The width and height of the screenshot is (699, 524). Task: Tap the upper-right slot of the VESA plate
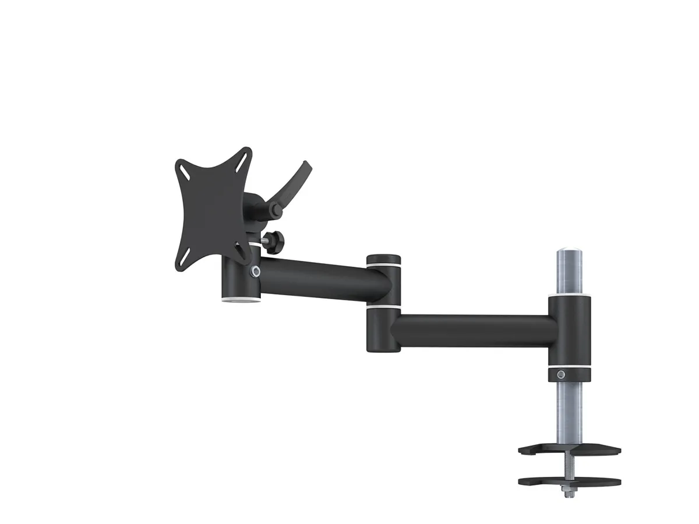[x=245, y=157]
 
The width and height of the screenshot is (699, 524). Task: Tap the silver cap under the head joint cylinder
[x=240, y=300]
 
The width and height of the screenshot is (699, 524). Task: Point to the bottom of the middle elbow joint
[x=383, y=345]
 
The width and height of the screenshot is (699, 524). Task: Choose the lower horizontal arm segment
[x=472, y=331]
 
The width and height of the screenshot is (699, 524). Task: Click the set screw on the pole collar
[x=561, y=374]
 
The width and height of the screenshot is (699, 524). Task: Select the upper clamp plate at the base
[x=570, y=450]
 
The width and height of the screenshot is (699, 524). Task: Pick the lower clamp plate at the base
[x=570, y=481]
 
